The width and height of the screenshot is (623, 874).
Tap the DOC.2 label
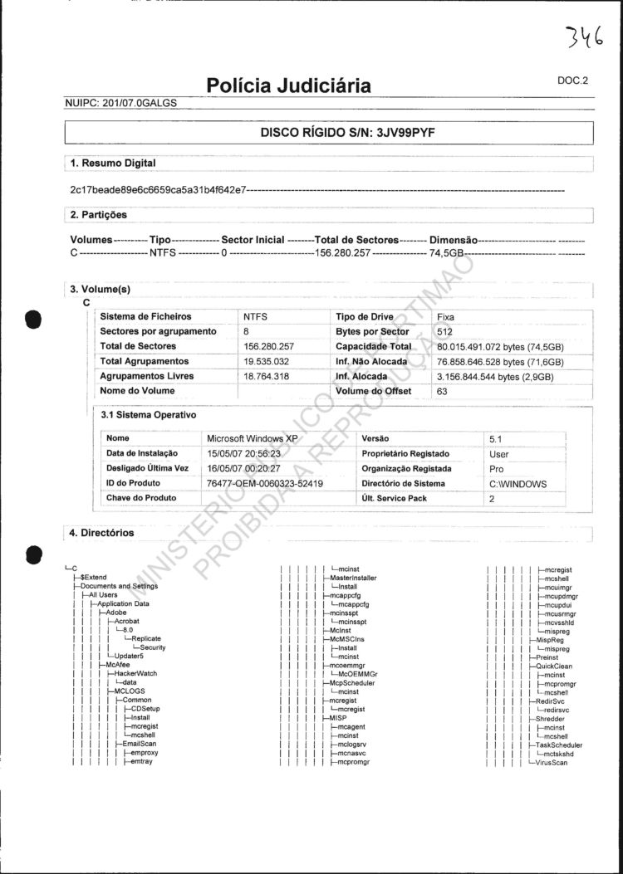click(572, 81)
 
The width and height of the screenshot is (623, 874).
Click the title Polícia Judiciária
click(288, 86)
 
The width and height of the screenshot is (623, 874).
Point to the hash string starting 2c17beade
click(158, 190)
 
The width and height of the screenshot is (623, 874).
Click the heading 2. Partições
click(99, 215)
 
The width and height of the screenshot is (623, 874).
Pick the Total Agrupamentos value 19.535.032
click(267, 362)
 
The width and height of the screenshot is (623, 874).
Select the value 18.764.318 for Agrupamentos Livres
click(267, 377)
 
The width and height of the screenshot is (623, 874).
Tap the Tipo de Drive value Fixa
click(447, 317)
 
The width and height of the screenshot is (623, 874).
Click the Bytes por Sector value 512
click(445, 332)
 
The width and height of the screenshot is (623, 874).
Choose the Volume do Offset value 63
click(442, 392)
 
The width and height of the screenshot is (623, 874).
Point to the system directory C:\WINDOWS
click(518, 484)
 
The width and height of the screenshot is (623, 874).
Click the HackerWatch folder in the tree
click(135, 673)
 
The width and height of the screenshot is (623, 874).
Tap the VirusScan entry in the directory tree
click(552, 763)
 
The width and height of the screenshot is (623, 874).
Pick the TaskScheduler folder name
click(559, 745)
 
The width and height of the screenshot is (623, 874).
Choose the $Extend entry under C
click(93, 577)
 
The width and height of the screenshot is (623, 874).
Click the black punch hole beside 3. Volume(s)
click(34, 319)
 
